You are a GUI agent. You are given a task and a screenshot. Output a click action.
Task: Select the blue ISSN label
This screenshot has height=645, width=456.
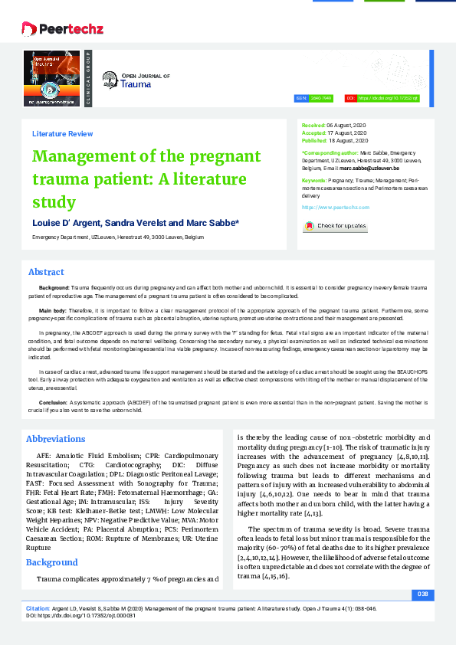coord(301,98)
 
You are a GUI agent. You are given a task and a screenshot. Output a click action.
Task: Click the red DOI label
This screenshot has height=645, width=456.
coord(350,98)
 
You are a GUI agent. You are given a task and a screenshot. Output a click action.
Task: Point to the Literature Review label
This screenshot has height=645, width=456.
coord(62,133)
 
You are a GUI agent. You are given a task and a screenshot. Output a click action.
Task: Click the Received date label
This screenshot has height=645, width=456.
coord(313,124)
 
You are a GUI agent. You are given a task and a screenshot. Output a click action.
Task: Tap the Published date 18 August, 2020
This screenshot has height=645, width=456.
coord(348,141)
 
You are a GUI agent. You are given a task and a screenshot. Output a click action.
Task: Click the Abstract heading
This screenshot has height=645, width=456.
coord(46,272)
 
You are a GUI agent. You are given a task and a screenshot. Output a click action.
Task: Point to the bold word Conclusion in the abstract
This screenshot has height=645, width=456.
coord(53,401)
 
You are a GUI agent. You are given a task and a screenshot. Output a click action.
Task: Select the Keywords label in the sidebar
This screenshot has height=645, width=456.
coord(314,179)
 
